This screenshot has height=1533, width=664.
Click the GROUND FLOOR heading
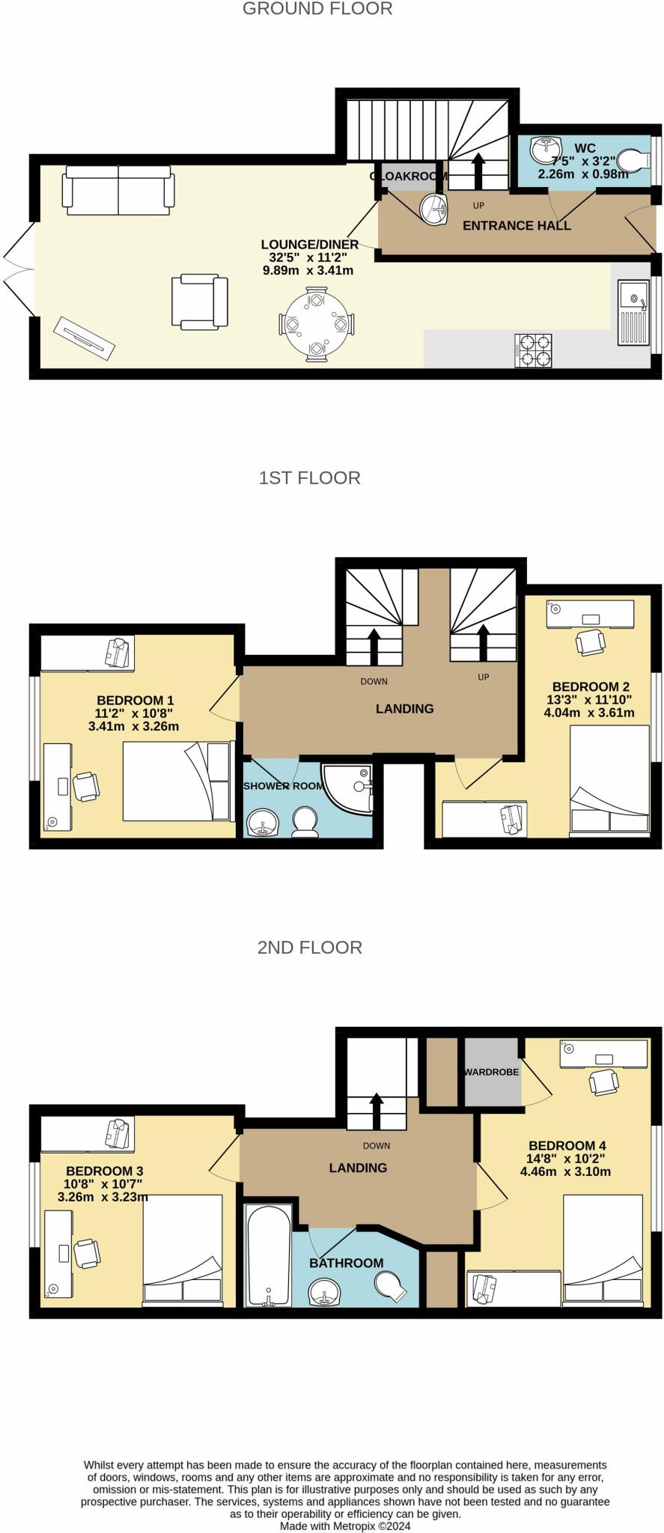click(317, 9)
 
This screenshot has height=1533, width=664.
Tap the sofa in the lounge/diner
click(118, 189)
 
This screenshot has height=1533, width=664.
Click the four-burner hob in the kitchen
click(533, 350)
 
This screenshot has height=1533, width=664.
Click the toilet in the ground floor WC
click(635, 160)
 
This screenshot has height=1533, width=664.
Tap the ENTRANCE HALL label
click(517, 225)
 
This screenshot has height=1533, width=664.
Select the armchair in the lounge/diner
click(199, 302)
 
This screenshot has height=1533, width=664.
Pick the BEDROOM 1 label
click(135, 701)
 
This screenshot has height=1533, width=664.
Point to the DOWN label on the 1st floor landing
click(374, 681)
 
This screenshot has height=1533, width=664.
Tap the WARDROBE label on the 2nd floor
click(491, 1072)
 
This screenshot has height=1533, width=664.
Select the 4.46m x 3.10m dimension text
click(565, 1171)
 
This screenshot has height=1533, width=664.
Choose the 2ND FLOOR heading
click(309, 947)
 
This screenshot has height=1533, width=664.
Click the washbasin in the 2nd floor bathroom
click(325, 1290)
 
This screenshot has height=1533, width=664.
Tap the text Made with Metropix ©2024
click(345, 1526)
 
